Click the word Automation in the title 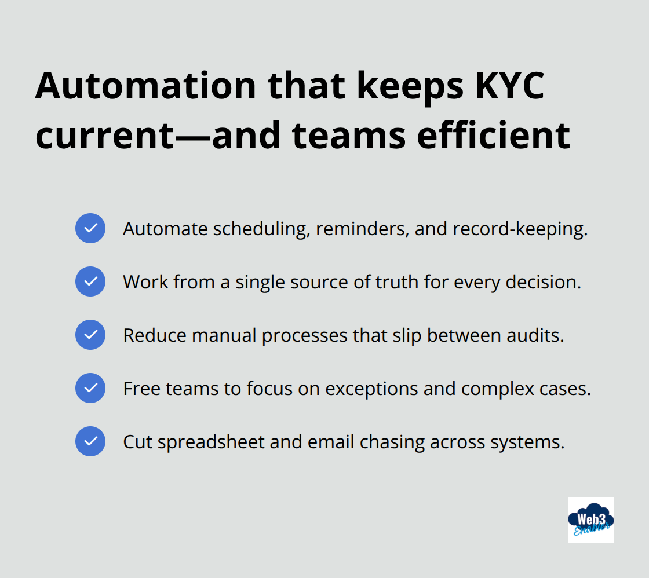pyautogui.click(x=145, y=86)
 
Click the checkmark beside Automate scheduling pyautogui.click(x=90, y=228)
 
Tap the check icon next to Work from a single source pyautogui.click(x=90, y=281)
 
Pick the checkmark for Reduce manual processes pyautogui.click(x=90, y=335)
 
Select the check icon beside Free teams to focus pyautogui.click(x=90, y=388)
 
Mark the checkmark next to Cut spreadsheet pyautogui.click(x=90, y=441)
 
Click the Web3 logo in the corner pyautogui.click(x=590, y=520)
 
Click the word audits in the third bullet pyautogui.click(x=538, y=335)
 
